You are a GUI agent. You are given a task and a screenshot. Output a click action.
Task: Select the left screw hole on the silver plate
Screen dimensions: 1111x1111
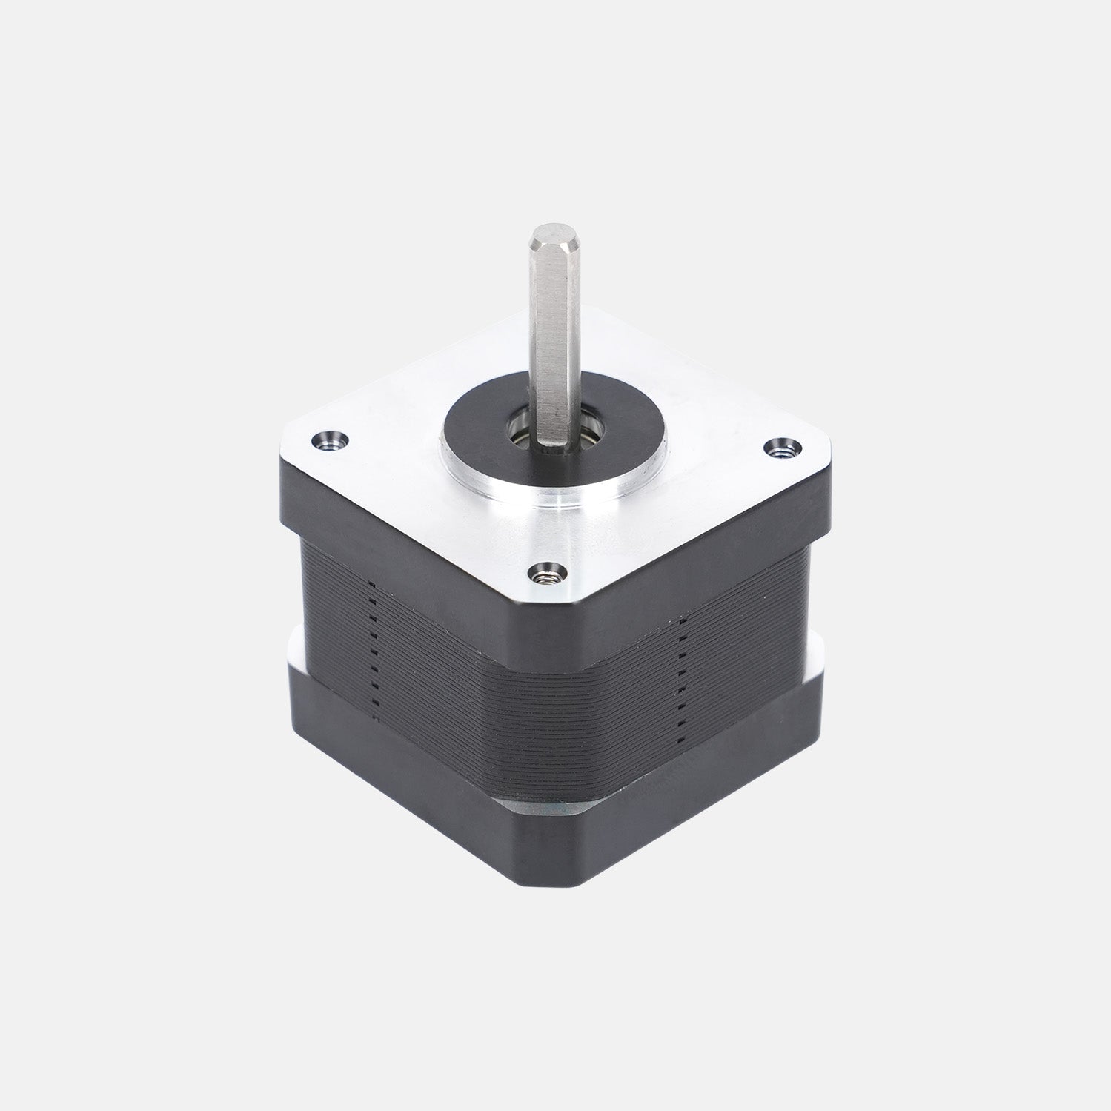331,439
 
